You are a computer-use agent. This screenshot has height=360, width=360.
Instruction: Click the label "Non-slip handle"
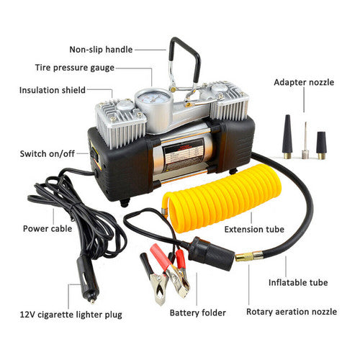[x=101, y=50]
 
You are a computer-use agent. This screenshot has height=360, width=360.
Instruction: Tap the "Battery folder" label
[x=198, y=313]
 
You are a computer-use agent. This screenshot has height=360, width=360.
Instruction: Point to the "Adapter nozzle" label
[x=304, y=82]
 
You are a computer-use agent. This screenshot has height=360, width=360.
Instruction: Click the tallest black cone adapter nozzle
[x=288, y=135]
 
